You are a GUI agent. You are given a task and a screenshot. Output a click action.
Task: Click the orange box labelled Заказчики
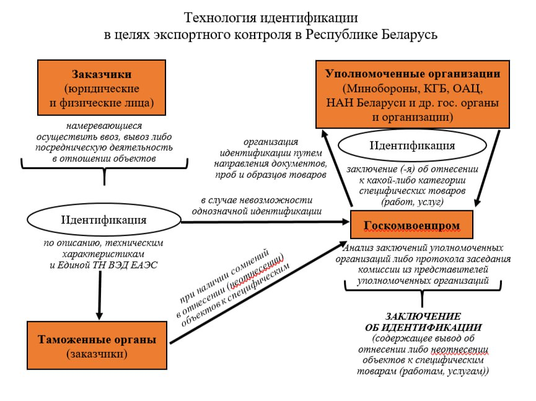tap(102, 87)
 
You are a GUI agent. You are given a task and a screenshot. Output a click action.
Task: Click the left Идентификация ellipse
tap(103, 220)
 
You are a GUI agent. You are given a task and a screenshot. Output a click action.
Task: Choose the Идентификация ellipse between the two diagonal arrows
tap(412, 146)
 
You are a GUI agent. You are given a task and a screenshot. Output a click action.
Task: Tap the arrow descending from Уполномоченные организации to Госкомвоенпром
tap(490, 167)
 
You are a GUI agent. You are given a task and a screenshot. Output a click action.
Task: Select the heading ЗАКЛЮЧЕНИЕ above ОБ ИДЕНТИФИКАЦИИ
tap(424, 316)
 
